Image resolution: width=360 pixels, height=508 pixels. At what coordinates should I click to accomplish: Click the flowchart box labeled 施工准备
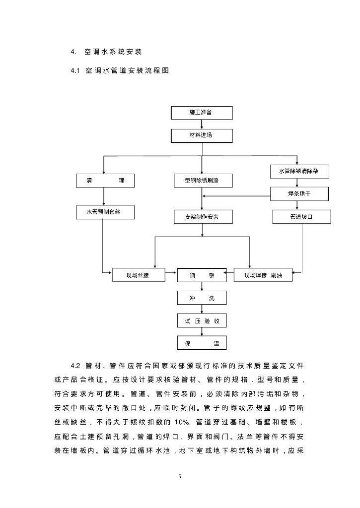click(202, 113)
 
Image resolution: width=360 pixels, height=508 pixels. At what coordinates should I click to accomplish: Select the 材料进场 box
click(202, 135)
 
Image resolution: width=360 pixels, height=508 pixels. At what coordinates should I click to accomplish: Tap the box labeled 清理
click(105, 181)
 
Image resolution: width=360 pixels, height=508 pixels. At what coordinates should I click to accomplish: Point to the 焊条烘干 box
click(299, 193)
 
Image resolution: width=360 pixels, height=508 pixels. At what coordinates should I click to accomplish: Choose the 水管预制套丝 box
click(105, 212)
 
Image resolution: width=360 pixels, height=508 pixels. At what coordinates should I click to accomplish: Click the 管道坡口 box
click(301, 217)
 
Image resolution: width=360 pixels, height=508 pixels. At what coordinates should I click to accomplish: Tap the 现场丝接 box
click(139, 275)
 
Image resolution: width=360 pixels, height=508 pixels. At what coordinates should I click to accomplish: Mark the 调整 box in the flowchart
click(202, 275)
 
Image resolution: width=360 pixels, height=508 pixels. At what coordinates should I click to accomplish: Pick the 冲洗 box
click(202, 298)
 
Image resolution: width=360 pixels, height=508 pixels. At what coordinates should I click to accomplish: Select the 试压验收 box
click(202, 321)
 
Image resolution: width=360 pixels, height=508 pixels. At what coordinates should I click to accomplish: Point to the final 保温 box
click(202, 343)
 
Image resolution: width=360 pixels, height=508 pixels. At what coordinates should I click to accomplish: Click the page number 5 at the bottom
click(180, 477)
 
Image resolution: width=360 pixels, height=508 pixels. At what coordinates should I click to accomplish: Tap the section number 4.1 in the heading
click(75, 71)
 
